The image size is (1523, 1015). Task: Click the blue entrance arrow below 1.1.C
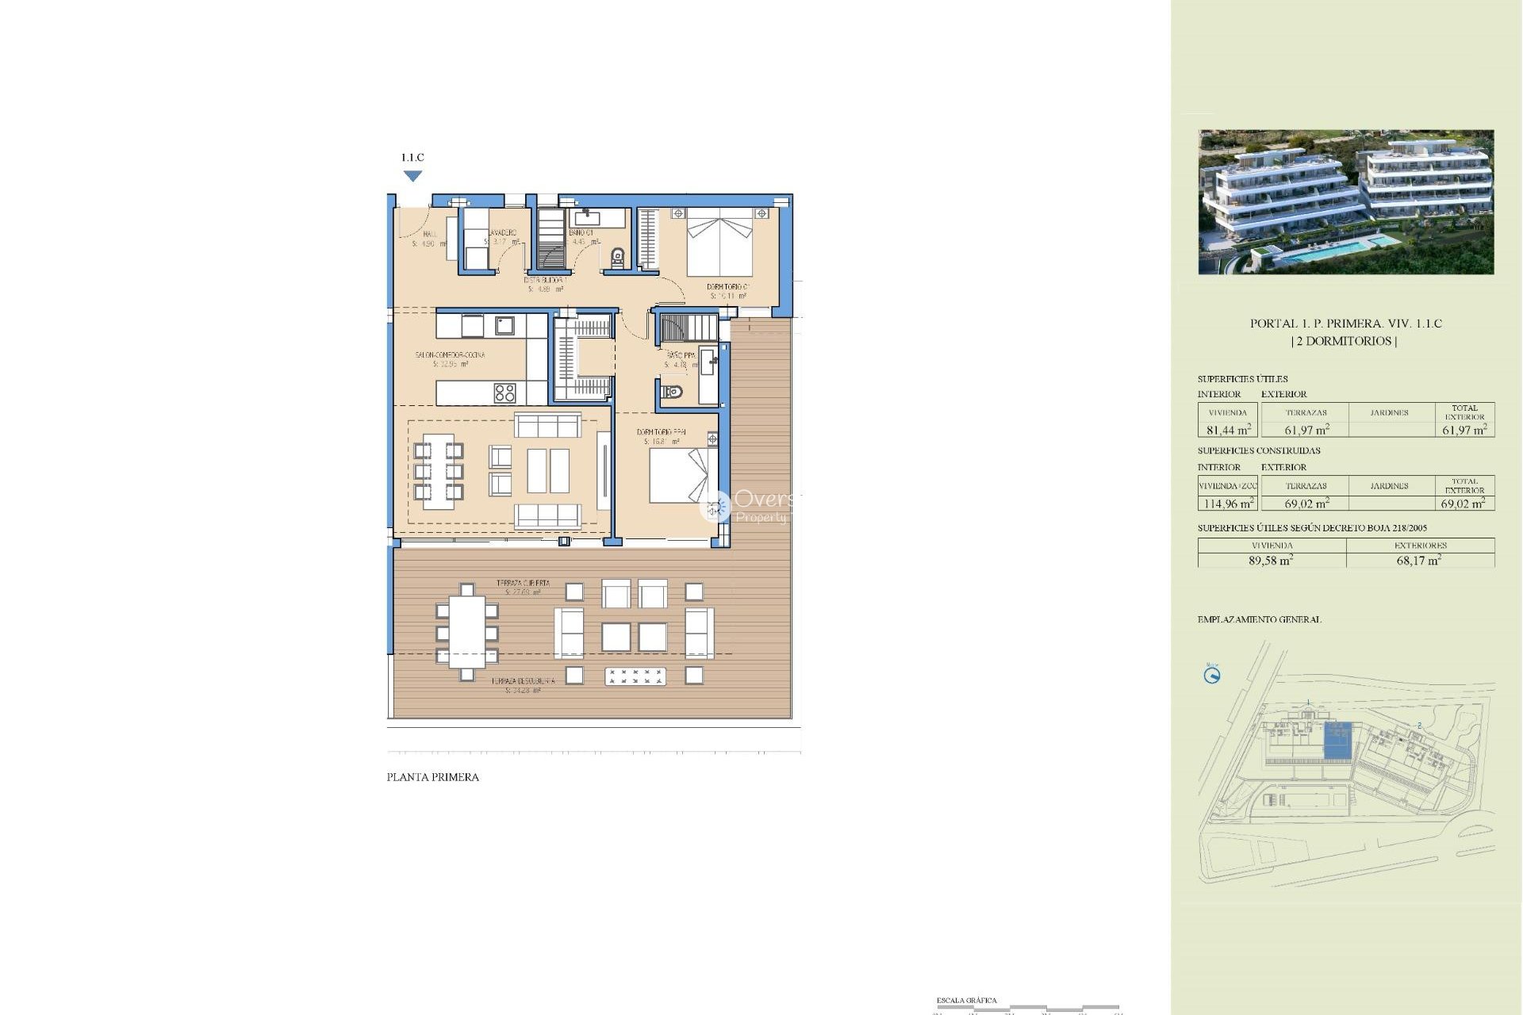click(412, 176)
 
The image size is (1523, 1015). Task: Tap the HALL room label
click(429, 235)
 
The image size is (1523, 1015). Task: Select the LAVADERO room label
click(502, 233)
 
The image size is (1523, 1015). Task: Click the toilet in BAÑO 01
click(618, 257)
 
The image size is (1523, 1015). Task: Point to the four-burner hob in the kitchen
click(504, 393)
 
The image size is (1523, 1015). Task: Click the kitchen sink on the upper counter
click(504, 325)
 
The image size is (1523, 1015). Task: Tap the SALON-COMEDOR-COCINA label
click(450, 355)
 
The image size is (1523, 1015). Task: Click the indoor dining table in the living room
click(438, 471)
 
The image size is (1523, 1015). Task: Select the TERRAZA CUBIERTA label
click(523, 583)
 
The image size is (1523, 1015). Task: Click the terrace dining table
click(467, 632)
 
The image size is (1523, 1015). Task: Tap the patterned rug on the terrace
click(635, 676)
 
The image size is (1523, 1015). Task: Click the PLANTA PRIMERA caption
click(432, 777)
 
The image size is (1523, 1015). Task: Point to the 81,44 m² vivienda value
click(1228, 430)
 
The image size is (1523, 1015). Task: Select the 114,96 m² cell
click(1228, 504)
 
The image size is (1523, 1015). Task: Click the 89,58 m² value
click(1271, 561)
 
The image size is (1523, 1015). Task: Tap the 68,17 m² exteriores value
click(1419, 561)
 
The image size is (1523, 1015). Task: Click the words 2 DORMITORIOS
click(1345, 341)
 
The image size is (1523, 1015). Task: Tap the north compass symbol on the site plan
click(1212, 676)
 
